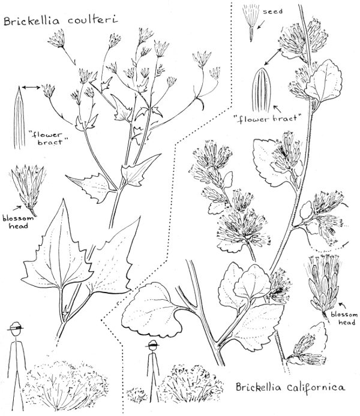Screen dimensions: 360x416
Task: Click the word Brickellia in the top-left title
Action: (x=31, y=21)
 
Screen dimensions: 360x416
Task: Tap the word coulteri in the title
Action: (x=92, y=20)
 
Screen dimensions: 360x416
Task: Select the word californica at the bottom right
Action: (x=316, y=388)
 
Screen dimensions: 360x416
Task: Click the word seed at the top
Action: (x=272, y=11)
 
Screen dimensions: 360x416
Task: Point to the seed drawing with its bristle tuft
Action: (x=251, y=23)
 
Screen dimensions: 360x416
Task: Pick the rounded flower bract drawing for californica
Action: (x=262, y=90)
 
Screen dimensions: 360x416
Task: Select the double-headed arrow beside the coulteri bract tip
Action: (x=31, y=88)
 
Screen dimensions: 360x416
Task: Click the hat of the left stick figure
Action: (x=16, y=327)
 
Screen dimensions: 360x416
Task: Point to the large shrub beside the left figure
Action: (x=66, y=385)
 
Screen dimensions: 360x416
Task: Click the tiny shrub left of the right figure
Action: (x=136, y=395)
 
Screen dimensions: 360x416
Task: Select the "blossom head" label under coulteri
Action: (x=18, y=222)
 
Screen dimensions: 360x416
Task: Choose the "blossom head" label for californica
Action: (x=344, y=318)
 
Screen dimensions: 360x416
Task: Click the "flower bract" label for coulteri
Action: (x=50, y=138)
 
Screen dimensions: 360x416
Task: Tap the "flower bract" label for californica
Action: (x=269, y=118)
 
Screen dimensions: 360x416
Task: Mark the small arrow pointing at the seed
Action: (x=261, y=25)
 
